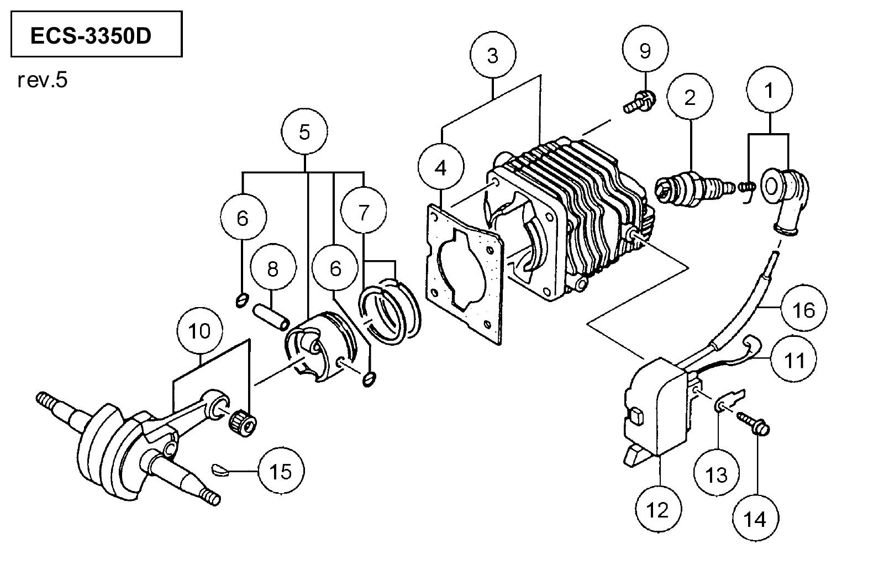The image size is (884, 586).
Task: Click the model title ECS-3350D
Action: click(91, 36)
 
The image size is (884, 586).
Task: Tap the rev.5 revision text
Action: click(43, 80)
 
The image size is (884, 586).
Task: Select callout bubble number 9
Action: click(645, 49)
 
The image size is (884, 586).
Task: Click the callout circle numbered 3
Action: click(493, 55)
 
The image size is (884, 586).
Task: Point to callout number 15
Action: click(281, 471)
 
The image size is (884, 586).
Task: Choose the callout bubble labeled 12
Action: click(658, 509)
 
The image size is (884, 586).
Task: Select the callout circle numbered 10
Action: click(199, 331)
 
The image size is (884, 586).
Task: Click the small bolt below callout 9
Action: click(640, 101)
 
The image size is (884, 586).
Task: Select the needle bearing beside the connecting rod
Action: click(243, 423)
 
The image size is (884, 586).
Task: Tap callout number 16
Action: click(804, 309)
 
